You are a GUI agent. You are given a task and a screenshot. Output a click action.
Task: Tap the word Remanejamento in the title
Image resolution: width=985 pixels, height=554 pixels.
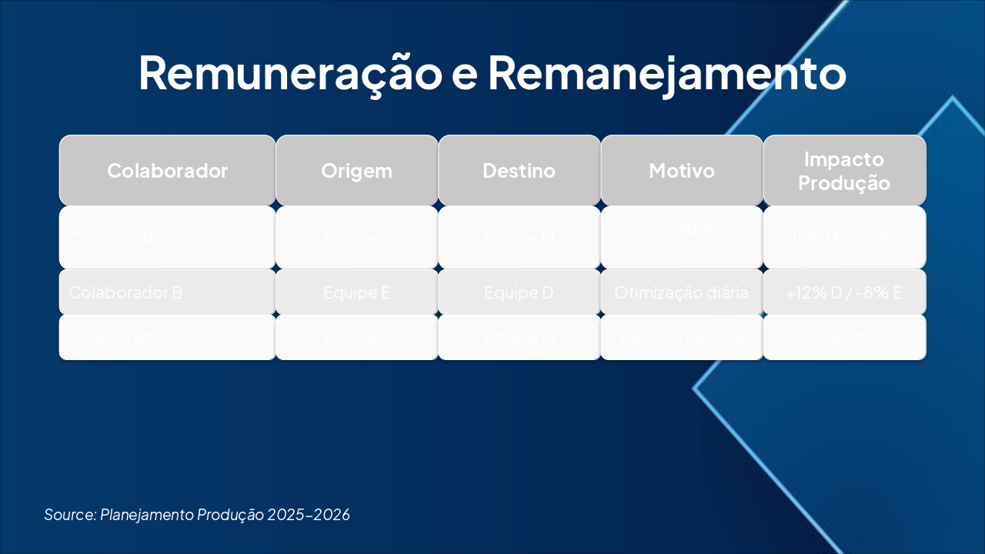(666, 73)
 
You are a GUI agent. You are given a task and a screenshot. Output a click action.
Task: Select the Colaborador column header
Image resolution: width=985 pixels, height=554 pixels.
(167, 171)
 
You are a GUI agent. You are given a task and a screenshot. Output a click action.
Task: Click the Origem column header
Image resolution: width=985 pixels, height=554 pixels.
(357, 171)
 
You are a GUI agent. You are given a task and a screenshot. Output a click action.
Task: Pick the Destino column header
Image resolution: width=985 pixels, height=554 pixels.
(519, 171)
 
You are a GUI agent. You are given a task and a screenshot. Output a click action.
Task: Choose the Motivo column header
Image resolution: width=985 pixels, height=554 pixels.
(682, 171)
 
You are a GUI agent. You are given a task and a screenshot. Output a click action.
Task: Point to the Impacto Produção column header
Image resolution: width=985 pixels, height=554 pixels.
(844, 171)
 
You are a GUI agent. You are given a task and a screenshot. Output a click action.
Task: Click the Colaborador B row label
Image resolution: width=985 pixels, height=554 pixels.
(126, 292)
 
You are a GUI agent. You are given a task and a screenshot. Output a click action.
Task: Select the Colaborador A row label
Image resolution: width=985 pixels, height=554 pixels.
(126, 238)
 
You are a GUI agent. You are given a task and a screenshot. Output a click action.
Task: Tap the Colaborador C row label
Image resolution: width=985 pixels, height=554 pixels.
(126, 337)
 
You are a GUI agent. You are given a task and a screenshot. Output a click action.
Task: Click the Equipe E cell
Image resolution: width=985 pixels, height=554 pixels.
(357, 292)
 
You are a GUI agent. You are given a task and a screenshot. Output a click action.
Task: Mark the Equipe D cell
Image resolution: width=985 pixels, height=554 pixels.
(519, 292)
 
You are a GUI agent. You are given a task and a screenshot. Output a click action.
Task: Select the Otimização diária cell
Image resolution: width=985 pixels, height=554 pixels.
(682, 292)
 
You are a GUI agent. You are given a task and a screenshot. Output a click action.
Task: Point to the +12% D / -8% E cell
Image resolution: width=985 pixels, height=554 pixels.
(844, 292)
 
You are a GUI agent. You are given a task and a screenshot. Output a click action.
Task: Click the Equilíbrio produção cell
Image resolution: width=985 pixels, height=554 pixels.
(682, 238)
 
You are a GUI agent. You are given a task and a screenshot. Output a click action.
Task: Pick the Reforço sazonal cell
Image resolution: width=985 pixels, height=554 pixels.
(682, 337)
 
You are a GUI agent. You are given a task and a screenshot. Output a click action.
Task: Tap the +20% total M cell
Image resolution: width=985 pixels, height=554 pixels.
(844, 337)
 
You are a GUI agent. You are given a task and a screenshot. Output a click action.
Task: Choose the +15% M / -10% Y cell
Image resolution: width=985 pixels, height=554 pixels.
(844, 238)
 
